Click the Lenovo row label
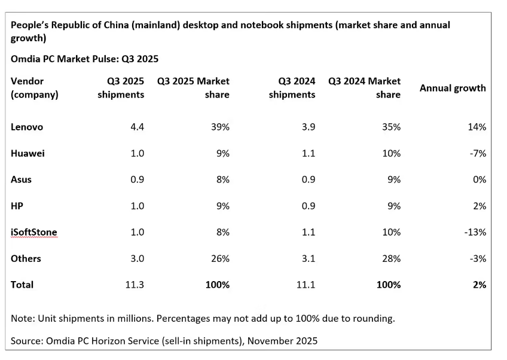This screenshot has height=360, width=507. tap(27, 127)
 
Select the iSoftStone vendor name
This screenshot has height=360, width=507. tap(34, 232)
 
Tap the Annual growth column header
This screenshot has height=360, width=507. tap(453, 88)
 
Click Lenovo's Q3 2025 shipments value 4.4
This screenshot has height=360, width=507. tap(137, 127)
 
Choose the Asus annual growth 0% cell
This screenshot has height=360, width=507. tap(479, 179)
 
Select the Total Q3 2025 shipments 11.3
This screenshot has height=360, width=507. tap(135, 285)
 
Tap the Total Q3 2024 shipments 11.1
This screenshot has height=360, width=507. tap(306, 285)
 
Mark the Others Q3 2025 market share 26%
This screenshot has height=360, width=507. tap(221, 258)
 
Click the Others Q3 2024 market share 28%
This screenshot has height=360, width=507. tap(392, 258)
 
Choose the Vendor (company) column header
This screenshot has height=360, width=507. tap(35, 88)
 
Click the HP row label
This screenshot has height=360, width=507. tap(17, 206)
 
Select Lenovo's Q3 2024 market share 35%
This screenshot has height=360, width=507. tap(392, 127)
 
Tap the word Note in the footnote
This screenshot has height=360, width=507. tap(22, 318)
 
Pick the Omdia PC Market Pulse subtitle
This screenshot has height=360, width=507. tap(84, 59)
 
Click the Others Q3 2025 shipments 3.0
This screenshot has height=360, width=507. tap(137, 258)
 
